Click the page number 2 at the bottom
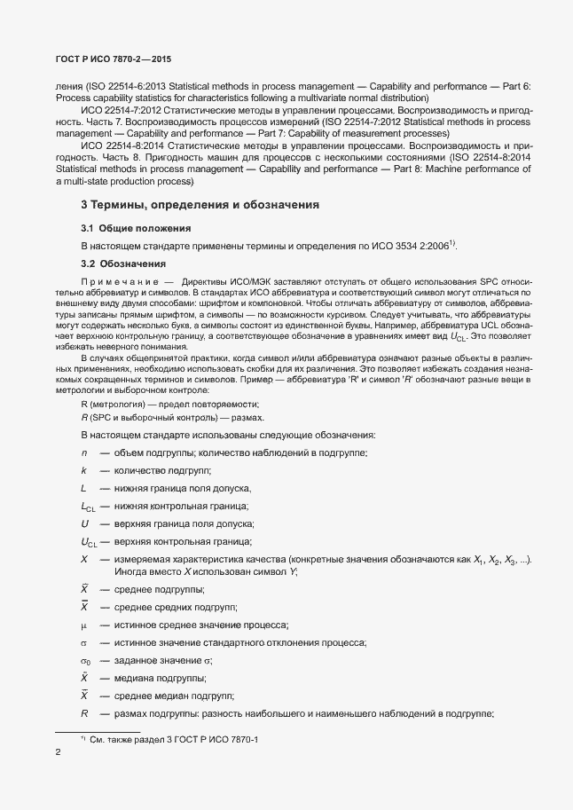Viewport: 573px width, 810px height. click(x=58, y=753)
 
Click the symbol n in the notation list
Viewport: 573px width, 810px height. click(x=82, y=453)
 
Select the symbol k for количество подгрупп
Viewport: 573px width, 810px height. click(x=82, y=471)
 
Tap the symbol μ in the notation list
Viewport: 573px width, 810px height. click(x=83, y=625)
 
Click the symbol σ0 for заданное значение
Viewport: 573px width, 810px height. click(x=85, y=660)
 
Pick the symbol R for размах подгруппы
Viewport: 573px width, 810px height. click(x=84, y=712)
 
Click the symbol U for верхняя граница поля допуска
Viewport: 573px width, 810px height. click(x=83, y=523)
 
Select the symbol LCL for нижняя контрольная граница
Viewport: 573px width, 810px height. click(x=87, y=507)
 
